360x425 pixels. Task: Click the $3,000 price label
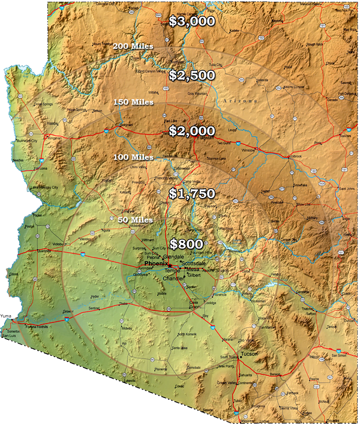coord(191,21)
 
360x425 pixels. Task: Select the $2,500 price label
coord(191,76)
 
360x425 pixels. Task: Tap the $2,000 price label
coord(191,131)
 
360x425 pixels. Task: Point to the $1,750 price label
coord(191,194)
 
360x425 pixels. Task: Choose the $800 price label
coord(186,244)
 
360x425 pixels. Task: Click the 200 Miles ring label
coord(133,46)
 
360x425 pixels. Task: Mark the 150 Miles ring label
coord(133,102)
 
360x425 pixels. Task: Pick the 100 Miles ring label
coord(133,157)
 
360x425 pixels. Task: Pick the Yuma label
coord(7,316)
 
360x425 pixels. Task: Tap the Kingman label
coord(55,137)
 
